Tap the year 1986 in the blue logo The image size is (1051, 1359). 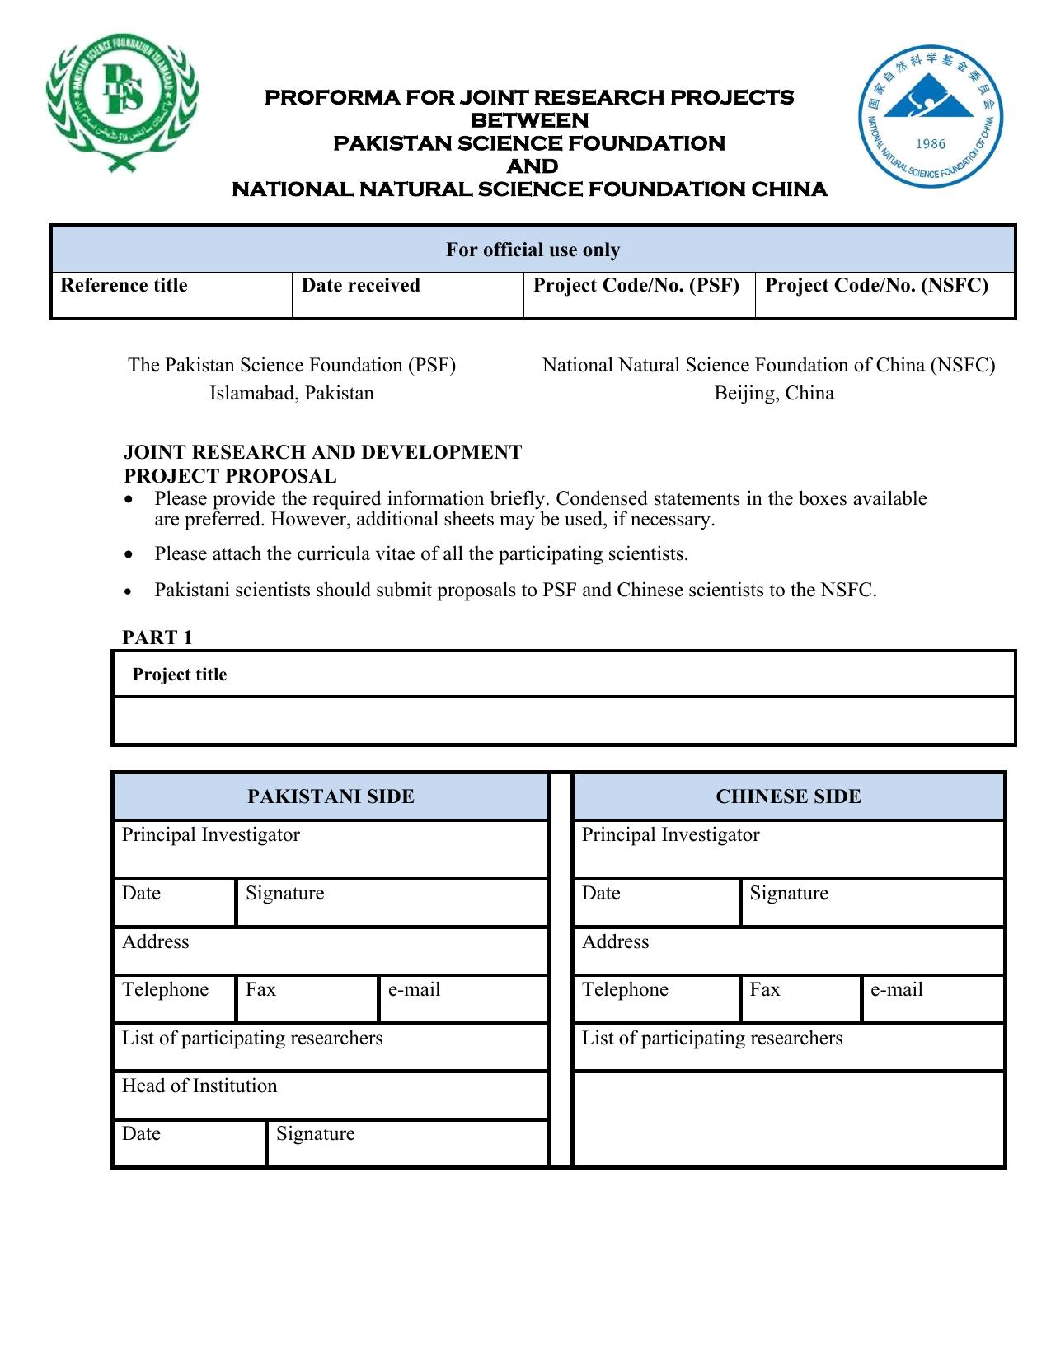(x=931, y=144)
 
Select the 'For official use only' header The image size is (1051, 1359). (x=533, y=250)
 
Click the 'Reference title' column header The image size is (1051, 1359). (x=124, y=285)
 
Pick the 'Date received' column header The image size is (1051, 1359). (x=360, y=285)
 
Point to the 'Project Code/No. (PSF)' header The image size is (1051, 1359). (x=636, y=285)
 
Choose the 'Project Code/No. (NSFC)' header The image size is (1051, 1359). (x=876, y=285)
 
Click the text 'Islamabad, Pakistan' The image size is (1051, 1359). (x=291, y=393)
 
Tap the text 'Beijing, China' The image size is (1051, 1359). (x=773, y=393)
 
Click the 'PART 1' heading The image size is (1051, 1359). (x=157, y=637)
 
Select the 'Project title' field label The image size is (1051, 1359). (x=179, y=675)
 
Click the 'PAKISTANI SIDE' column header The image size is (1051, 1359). (x=331, y=796)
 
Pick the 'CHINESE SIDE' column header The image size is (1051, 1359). (x=788, y=796)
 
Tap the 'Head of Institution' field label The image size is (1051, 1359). (x=199, y=1086)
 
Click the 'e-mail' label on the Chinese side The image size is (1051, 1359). (x=896, y=989)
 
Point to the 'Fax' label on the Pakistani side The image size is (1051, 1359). (x=260, y=989)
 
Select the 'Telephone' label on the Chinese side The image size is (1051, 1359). (x=625, y=989)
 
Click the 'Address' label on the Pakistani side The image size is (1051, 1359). (x=155, y=941)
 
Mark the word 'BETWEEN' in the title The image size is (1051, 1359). (x=529, y=120)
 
